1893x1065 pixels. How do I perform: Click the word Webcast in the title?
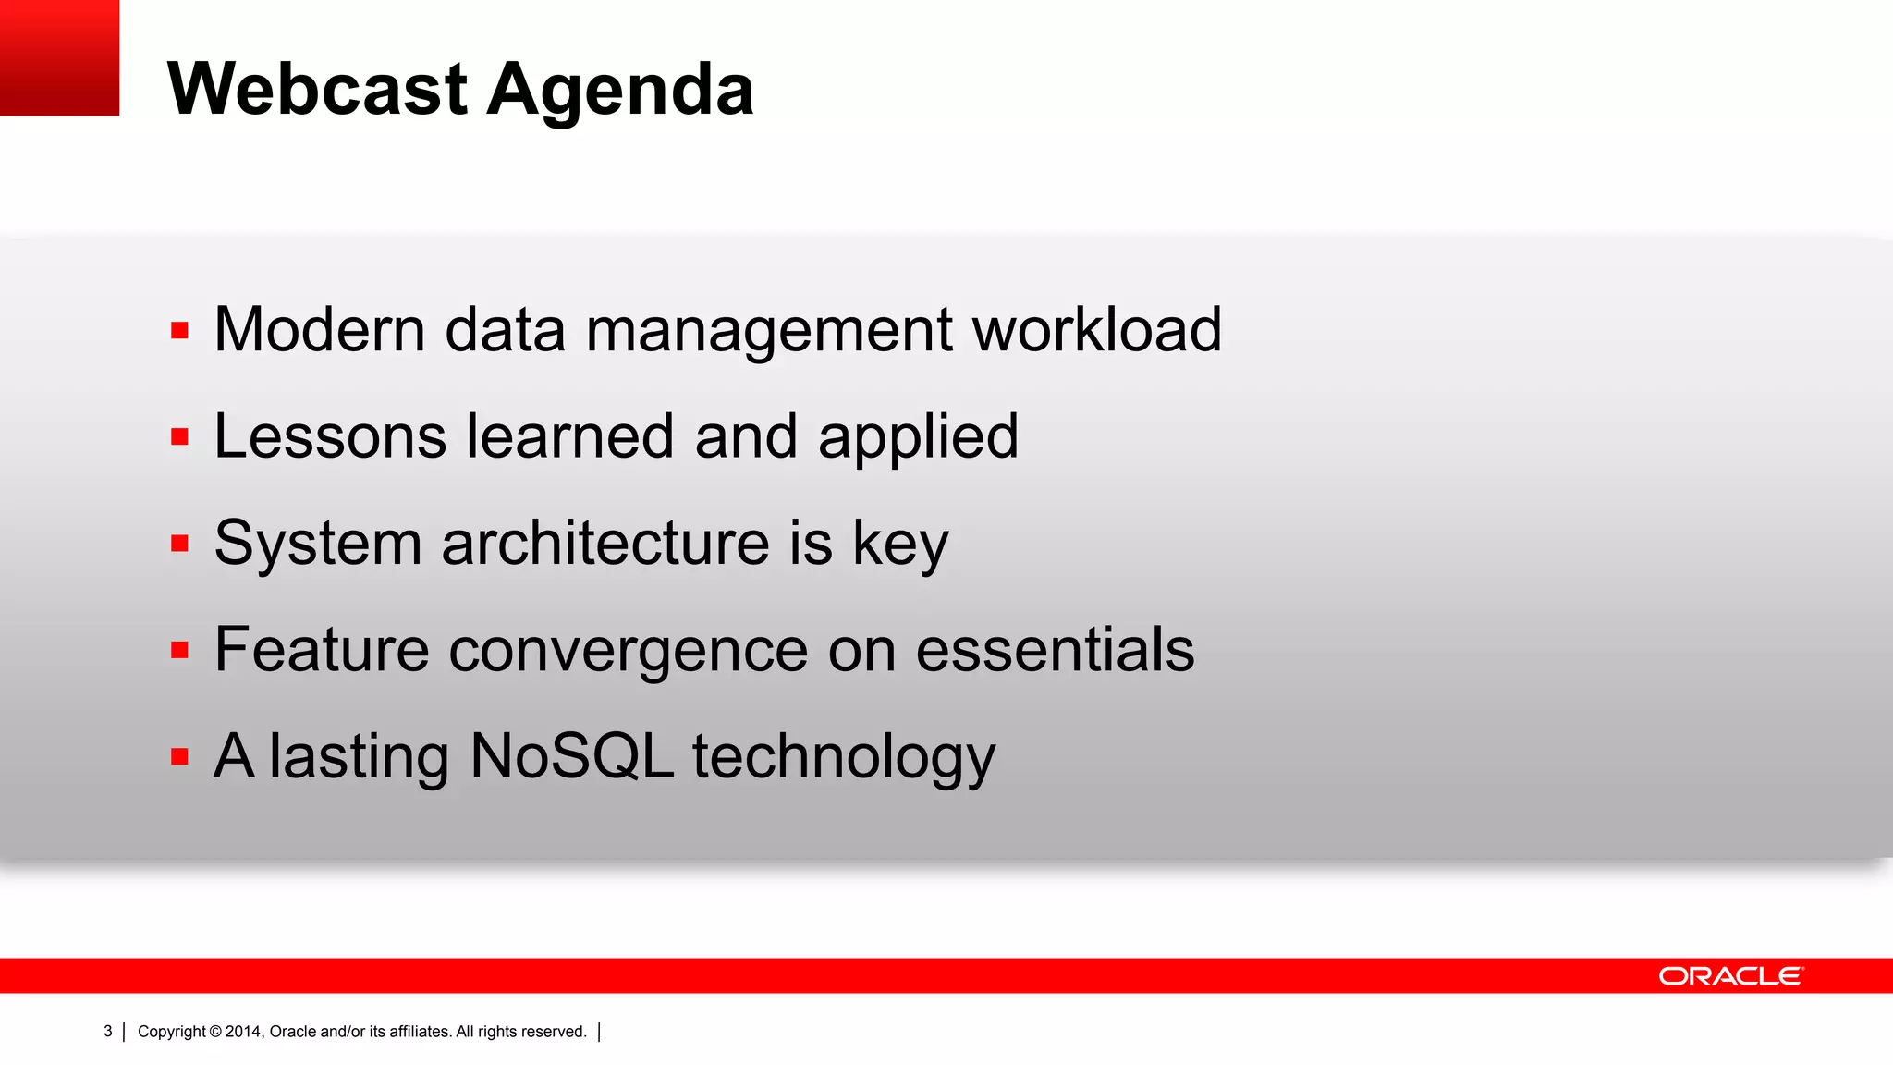tap(317, 90)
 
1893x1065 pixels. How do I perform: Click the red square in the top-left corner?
tap(59, 57)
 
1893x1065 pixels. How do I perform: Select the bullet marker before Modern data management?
tap(179, 330)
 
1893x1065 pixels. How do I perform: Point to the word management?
tap(769, 331)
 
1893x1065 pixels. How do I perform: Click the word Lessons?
tap(330, 436)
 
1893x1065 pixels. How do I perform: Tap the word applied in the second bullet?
tap(918, 438)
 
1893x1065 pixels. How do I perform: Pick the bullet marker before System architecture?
tap(179, 543)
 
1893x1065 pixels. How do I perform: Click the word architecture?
tap(605, 543)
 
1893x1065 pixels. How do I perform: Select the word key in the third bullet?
tap(900, 545)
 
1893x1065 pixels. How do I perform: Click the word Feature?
tap(322, 649)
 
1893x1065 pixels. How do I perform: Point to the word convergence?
tap(629, 651)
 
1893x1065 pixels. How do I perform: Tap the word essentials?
tap(1055, 649)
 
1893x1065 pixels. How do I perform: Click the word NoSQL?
tap(571, 756)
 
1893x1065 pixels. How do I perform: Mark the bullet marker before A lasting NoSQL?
tap(179, 756)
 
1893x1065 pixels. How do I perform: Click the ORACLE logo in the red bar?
tap(1730, 976)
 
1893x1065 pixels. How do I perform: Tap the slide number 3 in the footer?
tap(108, 1032)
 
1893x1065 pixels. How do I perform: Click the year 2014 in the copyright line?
tap(243, 1032)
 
